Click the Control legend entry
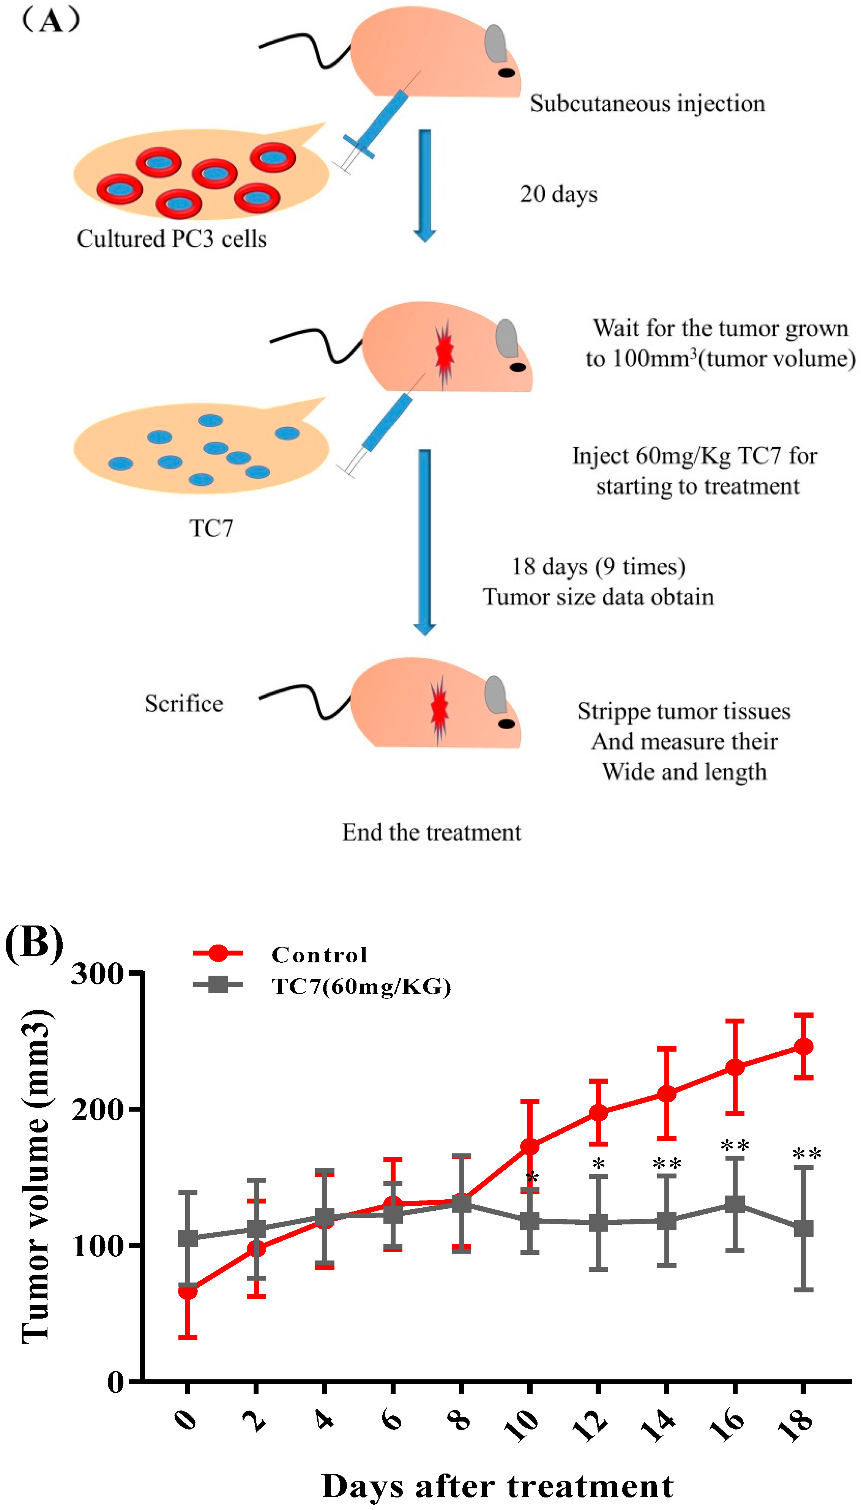(319, 955)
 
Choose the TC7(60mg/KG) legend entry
(361, 987)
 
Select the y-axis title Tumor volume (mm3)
(37, 1177)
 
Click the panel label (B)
(34, 941)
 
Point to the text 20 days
(558, 194)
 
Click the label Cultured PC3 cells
(172, 239)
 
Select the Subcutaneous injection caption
(647, 104)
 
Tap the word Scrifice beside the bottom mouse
(184, 704)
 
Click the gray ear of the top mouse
(495, 43)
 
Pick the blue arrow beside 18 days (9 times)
(424, 541)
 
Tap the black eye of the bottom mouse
(506, 724)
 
